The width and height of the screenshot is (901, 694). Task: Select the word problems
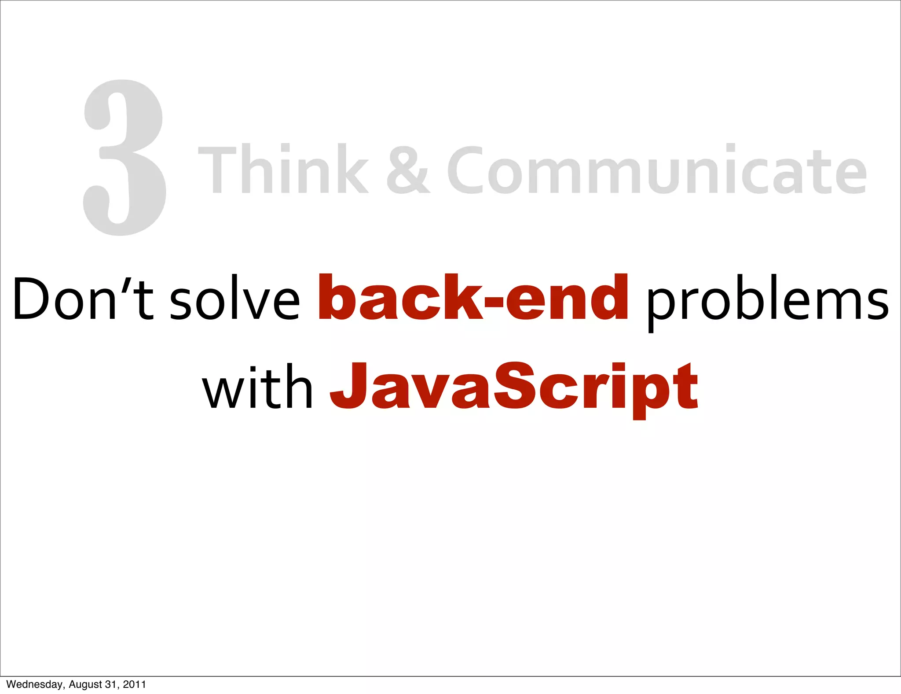pos(768,302)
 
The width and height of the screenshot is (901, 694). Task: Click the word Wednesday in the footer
pos(35,684)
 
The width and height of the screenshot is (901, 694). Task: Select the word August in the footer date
pos(85,684)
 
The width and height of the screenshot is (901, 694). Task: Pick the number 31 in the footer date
pos(112,684)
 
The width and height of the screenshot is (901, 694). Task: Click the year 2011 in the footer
pos(134,684)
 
